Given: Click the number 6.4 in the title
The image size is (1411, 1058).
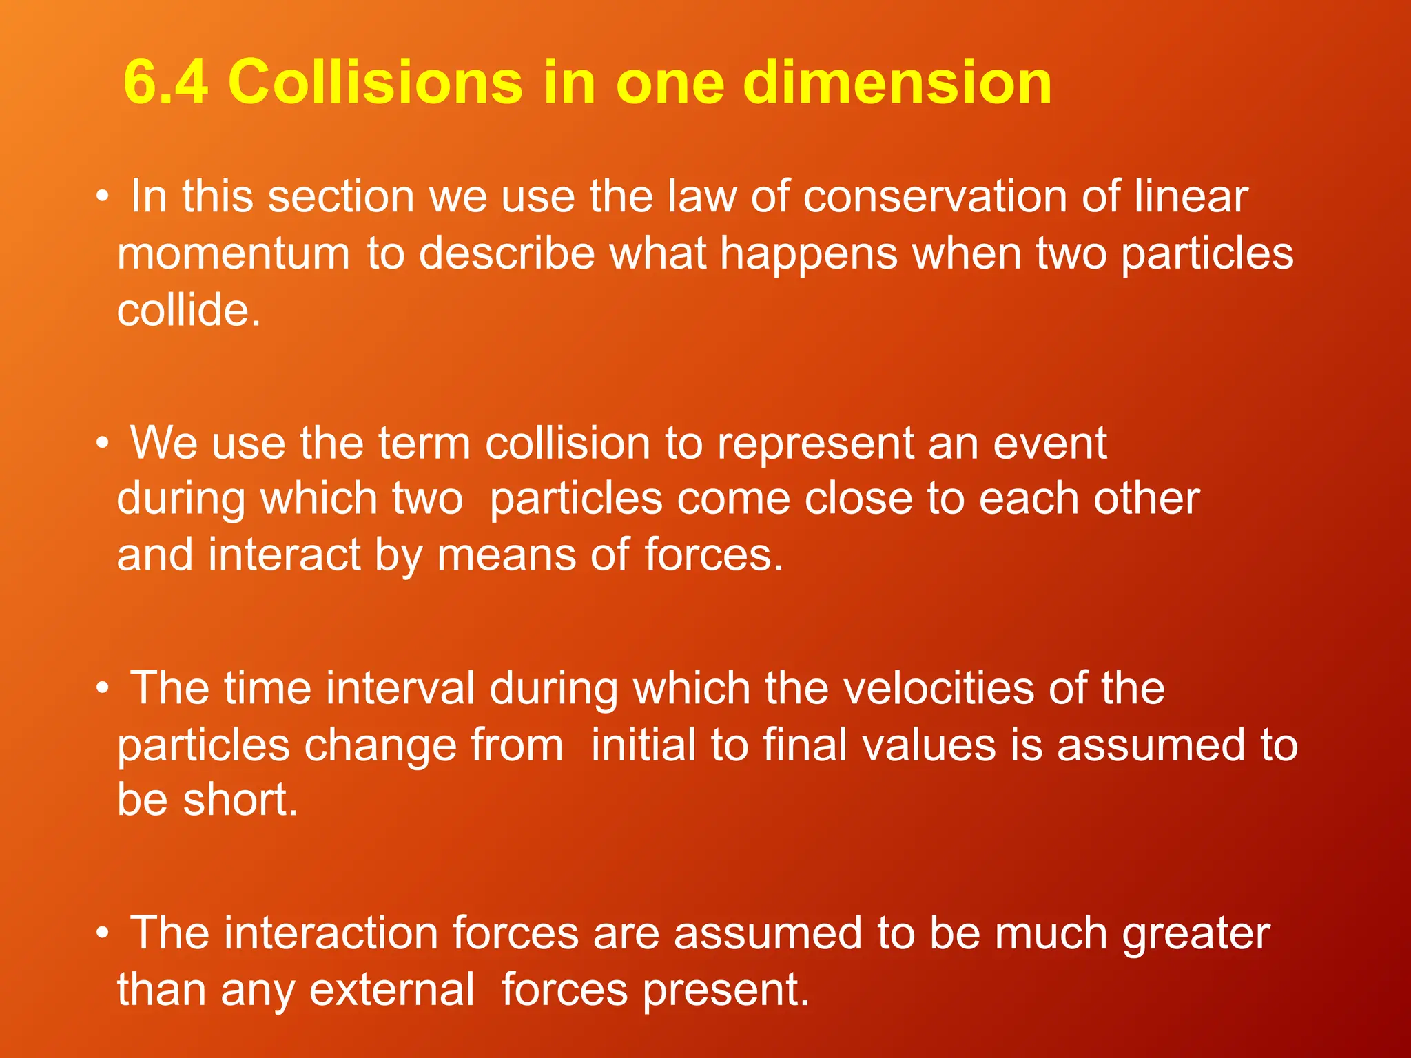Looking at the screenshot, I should (x=165, y=82).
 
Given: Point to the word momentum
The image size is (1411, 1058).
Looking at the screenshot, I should (x=234, y=253).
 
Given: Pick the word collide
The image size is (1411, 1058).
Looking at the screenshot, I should (x=188, y=309).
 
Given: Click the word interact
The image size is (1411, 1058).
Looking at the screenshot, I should (x=284, y=554).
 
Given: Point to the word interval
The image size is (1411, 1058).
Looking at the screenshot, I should (x=400, y=688).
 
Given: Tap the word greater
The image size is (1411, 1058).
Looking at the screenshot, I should (x=1196, y=935).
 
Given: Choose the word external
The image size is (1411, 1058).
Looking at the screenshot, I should (x=391, y=990).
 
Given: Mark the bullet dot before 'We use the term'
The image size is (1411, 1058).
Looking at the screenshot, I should (x=103, y=443).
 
